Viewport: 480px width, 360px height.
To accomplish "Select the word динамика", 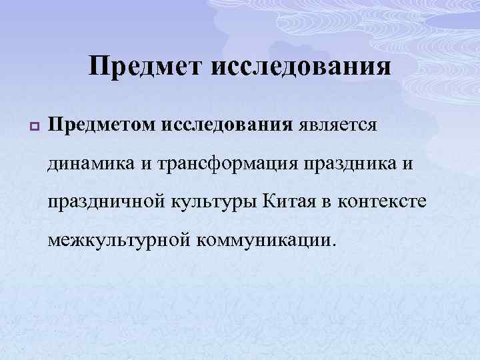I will point(91,163).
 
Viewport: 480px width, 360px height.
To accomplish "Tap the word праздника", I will point(351,163).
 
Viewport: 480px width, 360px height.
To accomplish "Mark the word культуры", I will point(210,201).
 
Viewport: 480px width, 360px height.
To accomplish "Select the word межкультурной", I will point(117,238).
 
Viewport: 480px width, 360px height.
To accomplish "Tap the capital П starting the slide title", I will point(99,67).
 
